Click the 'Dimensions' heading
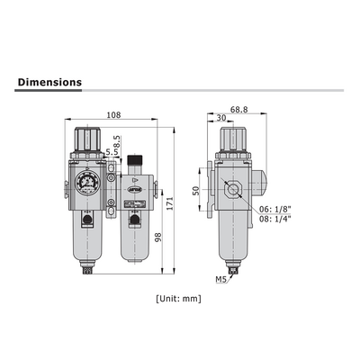pyautogui.click(x=49, y=82)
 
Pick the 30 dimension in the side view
pyautogui.click(x=220, y=118)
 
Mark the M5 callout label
pyautogui.click(x=221, y=280)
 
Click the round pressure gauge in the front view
pyautogui.click(x=87, y=176)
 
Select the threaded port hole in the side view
pyautogui.click(x=231, y=190)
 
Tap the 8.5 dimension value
pyautogui.click(x=117, y=143)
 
